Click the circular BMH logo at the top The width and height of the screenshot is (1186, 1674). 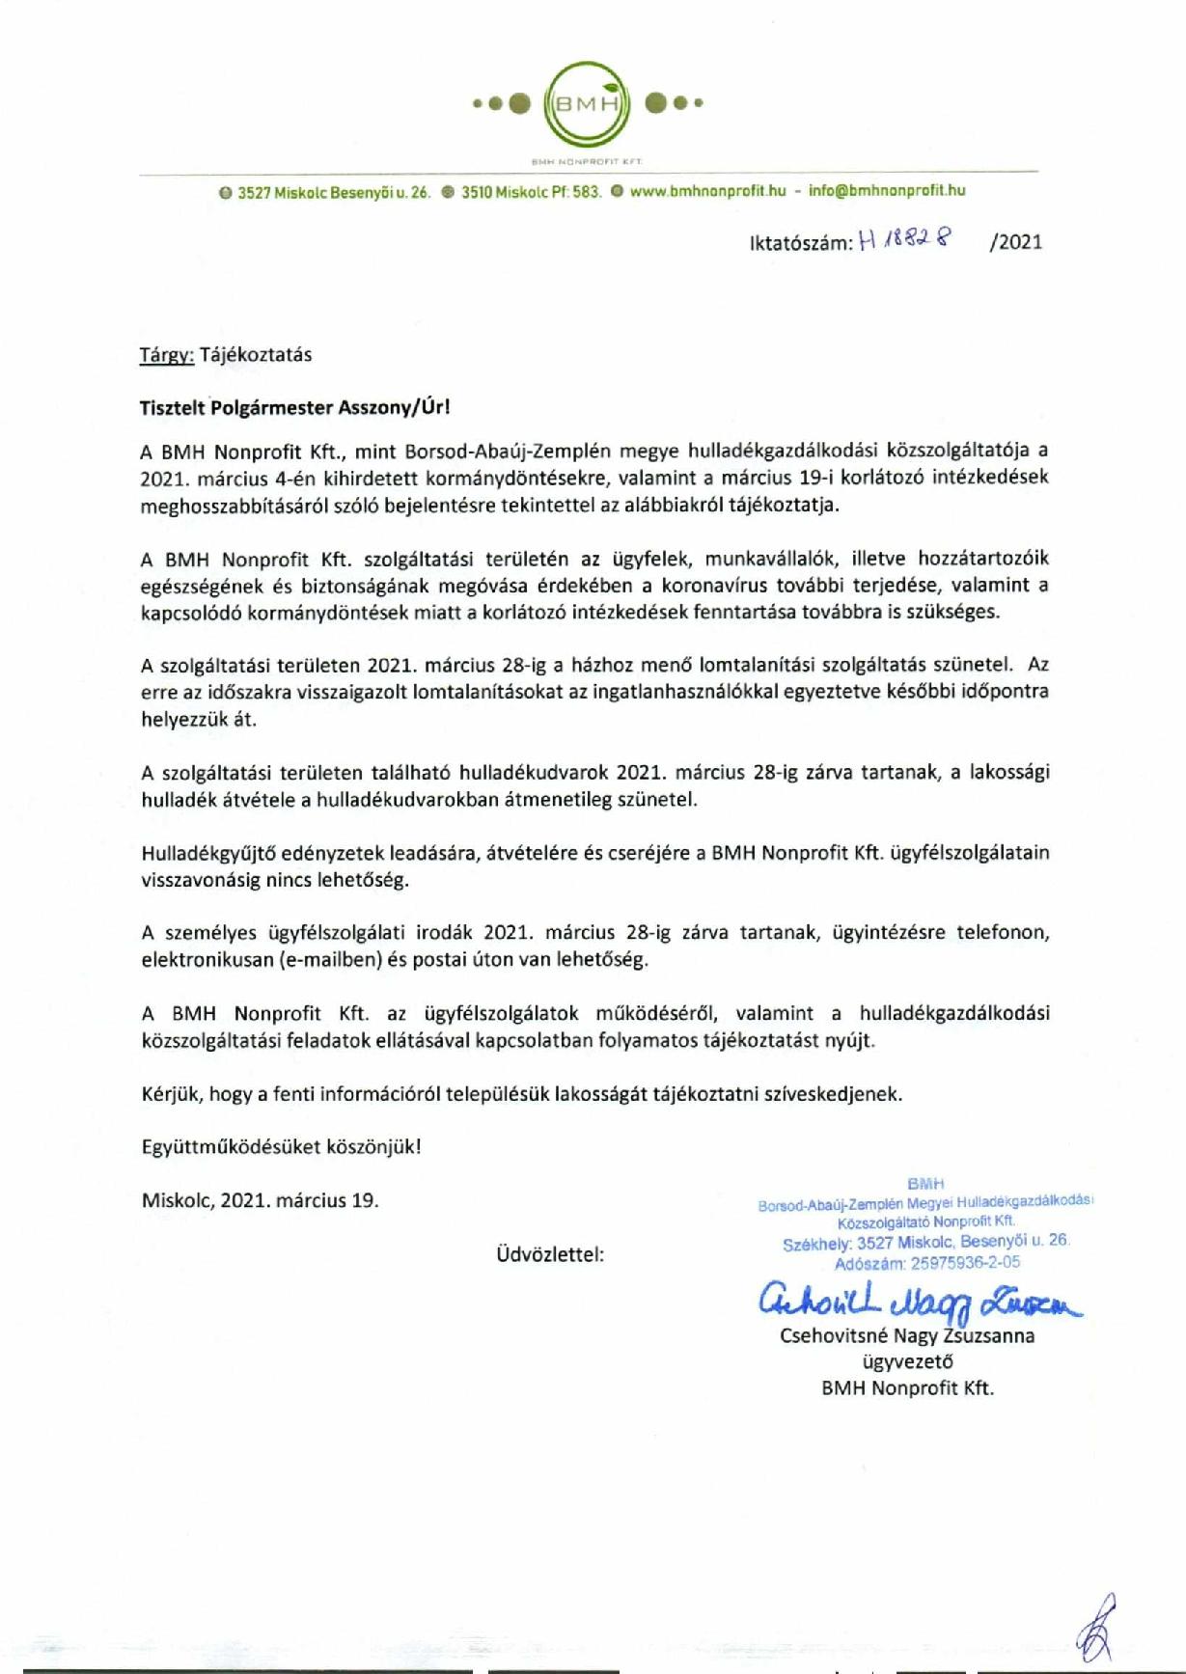[588, 102]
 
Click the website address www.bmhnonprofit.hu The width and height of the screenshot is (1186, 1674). [707, 191]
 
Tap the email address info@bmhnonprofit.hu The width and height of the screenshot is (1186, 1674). [887, 191]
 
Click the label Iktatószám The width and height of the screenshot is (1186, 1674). [800, 242]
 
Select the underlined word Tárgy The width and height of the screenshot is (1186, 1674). [167, 354]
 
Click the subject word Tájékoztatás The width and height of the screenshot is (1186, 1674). [256, 354]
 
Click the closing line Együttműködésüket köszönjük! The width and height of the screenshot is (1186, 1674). [281, 1147]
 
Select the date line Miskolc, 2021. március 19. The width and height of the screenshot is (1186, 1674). [260, 1200]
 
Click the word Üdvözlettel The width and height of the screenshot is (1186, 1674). [550, 1254]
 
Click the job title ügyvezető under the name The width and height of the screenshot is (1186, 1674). [907, 1362]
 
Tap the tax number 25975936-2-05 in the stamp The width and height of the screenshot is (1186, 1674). [965, 1262]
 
